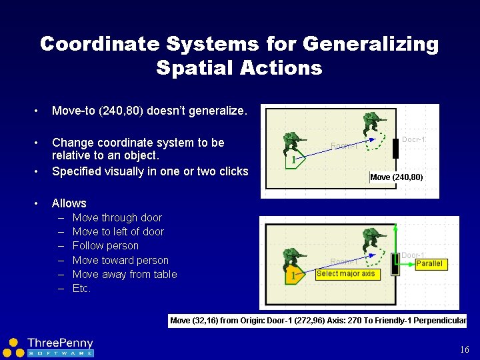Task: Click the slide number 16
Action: pyautogui.click(x=465, y=350)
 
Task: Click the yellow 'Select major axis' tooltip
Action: pyautogui.click(x=347, y=274)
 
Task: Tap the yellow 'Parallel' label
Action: pyautogui.click(x=429, y=264)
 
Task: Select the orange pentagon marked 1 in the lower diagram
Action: pyautogui.click(x=294, y=275)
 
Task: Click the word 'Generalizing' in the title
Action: pyautogui.click(x=371, y=45)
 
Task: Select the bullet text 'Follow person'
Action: pyautogui.click(x=105, y=246)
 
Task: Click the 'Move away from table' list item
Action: pyautogui.click(x=125, y=275)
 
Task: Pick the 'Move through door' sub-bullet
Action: pyautogui.click(x=117, y=218)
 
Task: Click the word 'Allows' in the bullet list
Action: pyautogui.click(x=69, y=203)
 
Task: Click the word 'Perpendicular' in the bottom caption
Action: pyautogui.click(x=440, y=321)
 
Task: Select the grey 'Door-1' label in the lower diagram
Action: pyautogui.click(x=413, y=255)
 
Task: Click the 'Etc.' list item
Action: pyautogui.click(x=81, y=289)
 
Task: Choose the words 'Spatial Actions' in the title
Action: pyautogui.click(x=239, y=68)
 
